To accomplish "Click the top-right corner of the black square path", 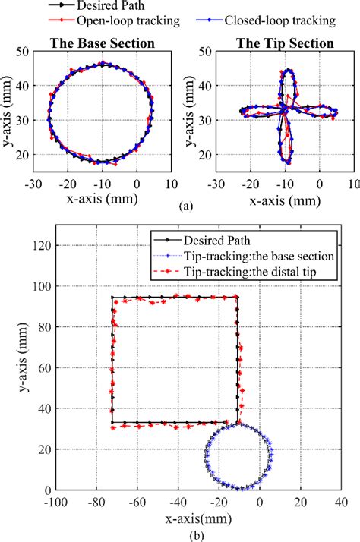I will click(x=238, y=297).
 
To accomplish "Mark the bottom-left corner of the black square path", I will click(x=112, y=422).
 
